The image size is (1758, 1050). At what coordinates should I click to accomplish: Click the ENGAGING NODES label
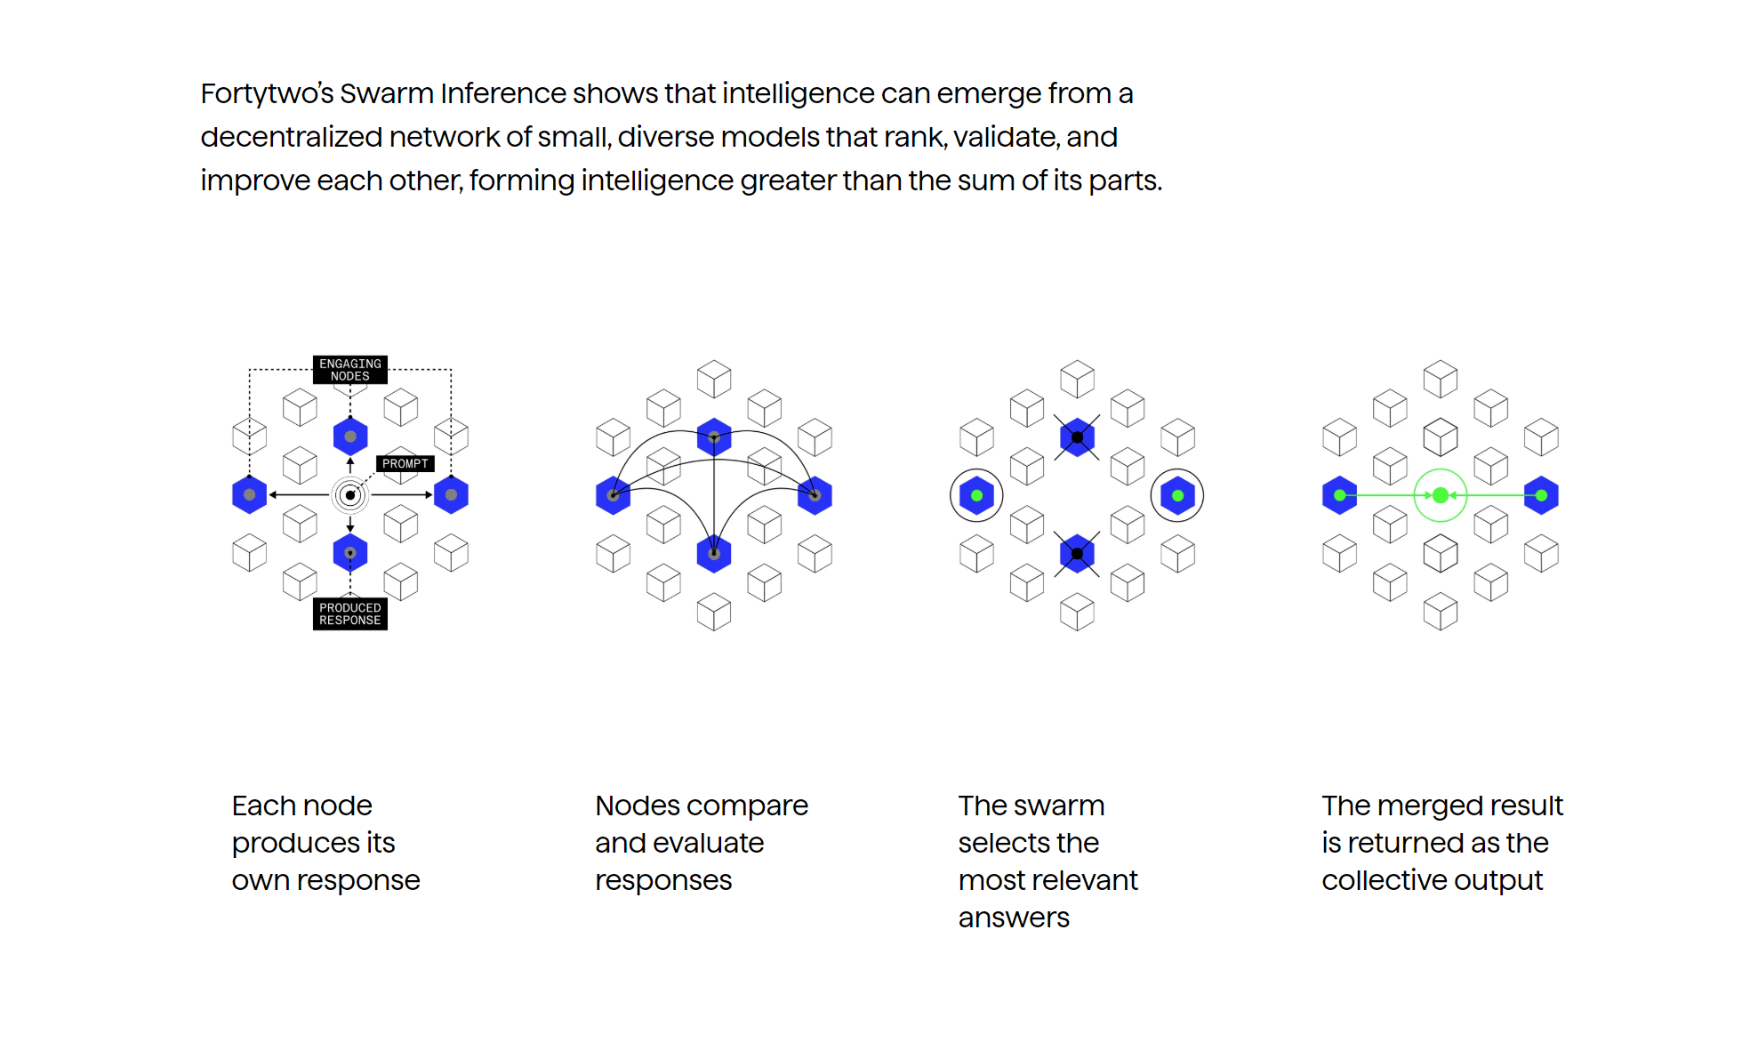350,370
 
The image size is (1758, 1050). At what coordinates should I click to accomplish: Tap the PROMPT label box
405,463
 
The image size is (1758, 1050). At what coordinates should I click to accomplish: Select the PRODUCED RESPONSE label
350,614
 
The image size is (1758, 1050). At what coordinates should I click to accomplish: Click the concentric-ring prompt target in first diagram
350,495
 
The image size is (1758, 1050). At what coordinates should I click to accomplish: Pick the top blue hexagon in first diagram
350,437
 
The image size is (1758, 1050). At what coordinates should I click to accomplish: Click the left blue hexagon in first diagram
249,495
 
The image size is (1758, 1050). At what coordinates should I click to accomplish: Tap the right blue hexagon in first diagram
451,495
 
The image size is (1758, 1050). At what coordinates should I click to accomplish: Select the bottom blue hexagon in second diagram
714,553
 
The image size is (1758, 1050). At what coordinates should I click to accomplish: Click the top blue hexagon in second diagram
714,437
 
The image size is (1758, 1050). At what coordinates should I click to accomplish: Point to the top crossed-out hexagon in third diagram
1077,437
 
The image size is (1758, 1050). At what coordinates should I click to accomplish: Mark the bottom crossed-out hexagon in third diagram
1077,554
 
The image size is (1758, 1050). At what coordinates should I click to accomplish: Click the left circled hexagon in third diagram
976,495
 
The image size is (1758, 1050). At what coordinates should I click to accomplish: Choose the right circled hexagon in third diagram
1177,495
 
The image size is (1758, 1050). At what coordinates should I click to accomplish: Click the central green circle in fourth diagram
1441,495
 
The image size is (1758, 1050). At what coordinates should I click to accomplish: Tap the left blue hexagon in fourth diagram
1340,495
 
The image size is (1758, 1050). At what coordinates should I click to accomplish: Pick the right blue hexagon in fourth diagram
1541,495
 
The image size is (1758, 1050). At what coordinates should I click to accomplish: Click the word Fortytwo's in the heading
267,94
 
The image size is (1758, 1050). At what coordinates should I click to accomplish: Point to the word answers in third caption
1014,918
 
